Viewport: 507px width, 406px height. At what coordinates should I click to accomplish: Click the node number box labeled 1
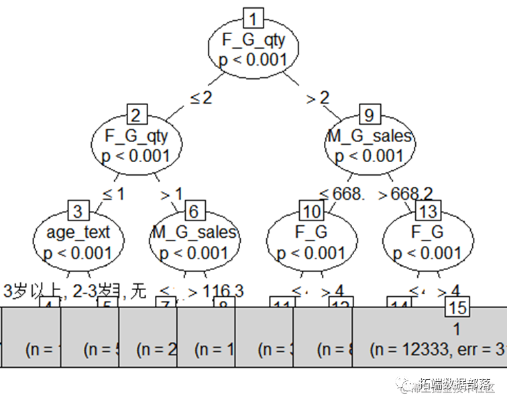(x=253, y=17)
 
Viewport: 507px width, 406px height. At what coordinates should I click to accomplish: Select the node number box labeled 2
(x=136, y=115)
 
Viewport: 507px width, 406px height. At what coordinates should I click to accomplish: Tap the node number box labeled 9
(x=369, y=115)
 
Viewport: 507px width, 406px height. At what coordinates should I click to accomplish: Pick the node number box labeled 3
(x=78, y=212)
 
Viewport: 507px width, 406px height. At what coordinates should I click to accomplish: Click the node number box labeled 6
(x=194, y=212)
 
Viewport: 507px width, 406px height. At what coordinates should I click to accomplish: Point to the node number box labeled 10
(x=312, y=212)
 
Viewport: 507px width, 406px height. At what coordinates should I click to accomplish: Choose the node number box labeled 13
(x=427, y=212)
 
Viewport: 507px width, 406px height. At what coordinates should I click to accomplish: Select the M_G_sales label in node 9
(x=369, y=137)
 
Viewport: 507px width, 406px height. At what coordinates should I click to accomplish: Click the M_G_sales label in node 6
(x=194, y=232)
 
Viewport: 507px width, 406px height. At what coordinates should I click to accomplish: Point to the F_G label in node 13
(x=427, y=232)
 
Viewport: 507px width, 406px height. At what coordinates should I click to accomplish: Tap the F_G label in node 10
(x=312, y=232)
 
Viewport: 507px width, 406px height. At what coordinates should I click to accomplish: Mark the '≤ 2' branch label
(x=201, y=98)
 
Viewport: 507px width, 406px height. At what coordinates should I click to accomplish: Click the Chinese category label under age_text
(x=74, y=291)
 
